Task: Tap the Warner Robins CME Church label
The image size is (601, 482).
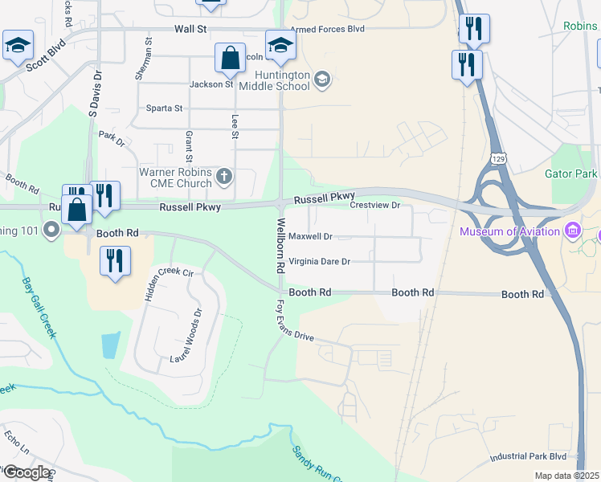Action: [175, 178]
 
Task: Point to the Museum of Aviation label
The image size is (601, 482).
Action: [509, 232]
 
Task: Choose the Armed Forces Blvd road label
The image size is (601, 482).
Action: [328, 29]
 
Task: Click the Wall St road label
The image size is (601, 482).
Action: [190, 29]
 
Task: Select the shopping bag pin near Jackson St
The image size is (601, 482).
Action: [230, 59]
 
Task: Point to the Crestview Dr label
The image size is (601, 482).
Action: [374, 206]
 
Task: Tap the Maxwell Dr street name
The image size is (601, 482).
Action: [310, 237]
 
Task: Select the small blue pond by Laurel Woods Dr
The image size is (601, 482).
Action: [111, 345]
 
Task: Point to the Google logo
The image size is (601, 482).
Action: [26, 472]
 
